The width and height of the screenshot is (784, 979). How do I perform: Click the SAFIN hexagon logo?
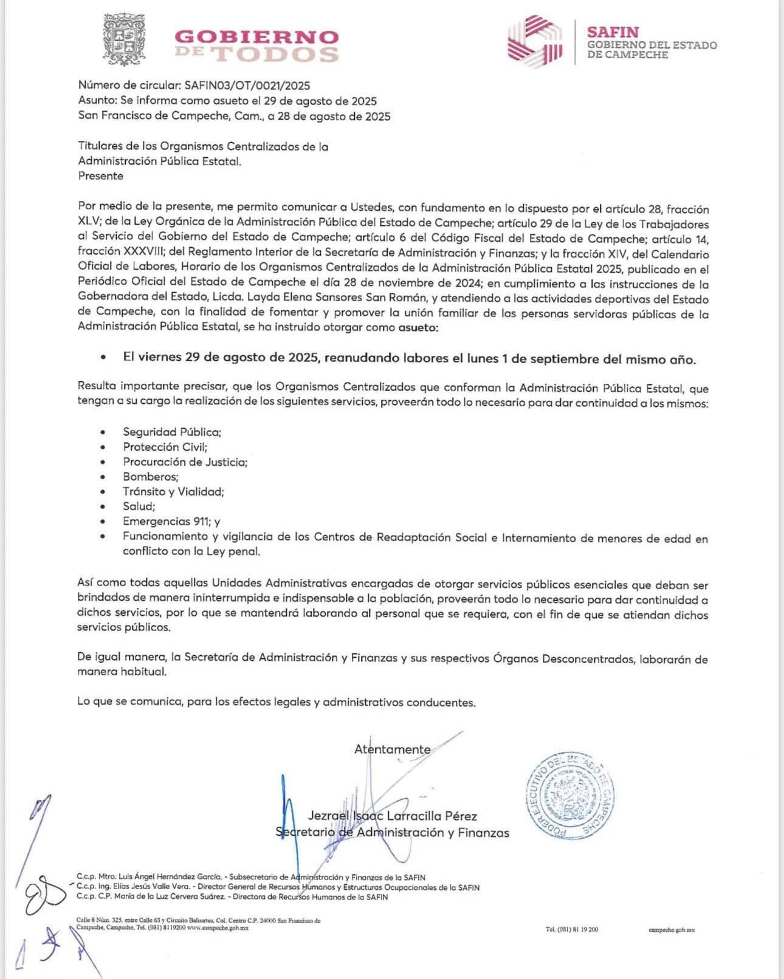click(x=535, y=39)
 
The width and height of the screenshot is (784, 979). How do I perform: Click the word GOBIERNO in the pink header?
click(x=256, y=36)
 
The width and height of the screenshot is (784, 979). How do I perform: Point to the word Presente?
click(x=101, y=176)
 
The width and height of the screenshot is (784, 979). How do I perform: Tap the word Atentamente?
click(x=392, y=749)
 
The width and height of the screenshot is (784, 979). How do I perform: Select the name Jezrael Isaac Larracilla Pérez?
click(x=392, y=816)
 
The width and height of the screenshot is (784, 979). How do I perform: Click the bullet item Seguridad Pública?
click(x=172, y=432)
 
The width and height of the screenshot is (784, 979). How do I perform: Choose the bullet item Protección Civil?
click(x=165, y=447)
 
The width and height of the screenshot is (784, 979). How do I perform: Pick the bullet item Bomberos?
click(x=150, y=477)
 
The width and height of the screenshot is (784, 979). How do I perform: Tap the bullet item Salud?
click(x=139, y=507)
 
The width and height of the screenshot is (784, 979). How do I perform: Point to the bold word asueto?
click(x=417, y=328)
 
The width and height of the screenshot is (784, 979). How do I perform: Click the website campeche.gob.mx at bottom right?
click(x=672, y=930)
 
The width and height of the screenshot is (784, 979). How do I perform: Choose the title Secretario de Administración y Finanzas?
click(x=392, y=833)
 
